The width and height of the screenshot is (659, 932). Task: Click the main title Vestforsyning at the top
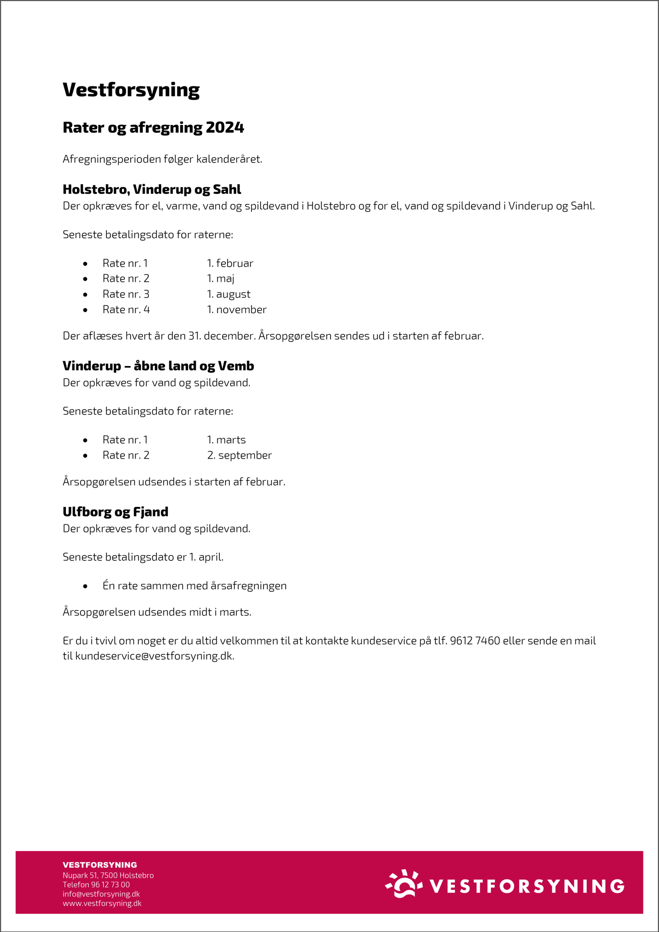[131, 90]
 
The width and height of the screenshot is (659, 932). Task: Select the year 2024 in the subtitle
[225, 128]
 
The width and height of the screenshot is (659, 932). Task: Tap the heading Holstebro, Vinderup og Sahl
[152, 189]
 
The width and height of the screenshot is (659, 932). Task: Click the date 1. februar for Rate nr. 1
[230, 263]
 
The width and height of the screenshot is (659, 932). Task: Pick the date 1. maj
[221, 279]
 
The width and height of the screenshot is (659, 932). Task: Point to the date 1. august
[229, 294]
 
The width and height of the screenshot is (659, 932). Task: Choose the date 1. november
[237, 310]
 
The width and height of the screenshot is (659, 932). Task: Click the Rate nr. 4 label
[126, 310]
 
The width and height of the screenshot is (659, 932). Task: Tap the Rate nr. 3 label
[126, 294]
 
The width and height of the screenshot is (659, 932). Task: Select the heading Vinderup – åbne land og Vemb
[158, 366]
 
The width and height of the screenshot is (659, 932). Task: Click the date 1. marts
[226, 440]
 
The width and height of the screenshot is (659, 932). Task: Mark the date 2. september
[239, 456]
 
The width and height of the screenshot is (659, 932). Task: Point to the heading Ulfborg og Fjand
[115, 512]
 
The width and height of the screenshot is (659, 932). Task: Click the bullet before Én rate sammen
[85, 586]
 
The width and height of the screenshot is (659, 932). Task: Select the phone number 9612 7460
[475, 641]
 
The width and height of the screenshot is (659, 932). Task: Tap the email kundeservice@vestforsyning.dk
[154, 656]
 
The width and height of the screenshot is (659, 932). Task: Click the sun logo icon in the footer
[404, 884]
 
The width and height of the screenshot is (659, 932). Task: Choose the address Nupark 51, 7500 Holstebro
[108, 876]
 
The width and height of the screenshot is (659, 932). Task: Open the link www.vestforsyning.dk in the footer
[102, 904]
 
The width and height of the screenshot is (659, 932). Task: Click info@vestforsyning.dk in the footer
[101, 894]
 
